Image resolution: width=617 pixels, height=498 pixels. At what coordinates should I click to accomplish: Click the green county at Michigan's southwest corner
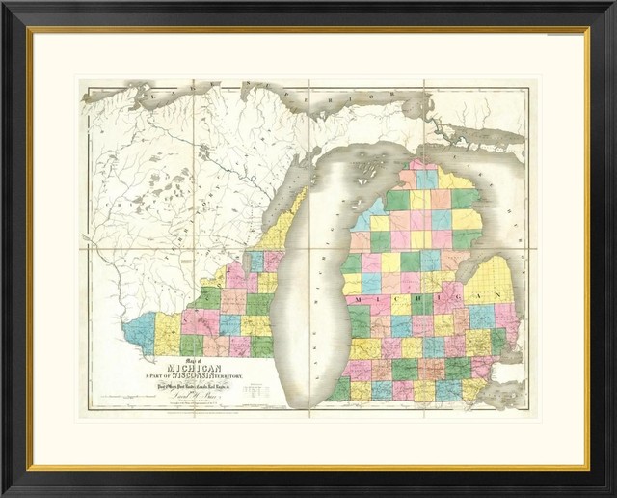click(x=339, y=389)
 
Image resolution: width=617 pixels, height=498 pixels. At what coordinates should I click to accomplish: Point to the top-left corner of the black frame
click(x=3, y=3)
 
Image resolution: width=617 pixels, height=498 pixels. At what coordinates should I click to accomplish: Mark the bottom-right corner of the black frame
click(x=613, y=494)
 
